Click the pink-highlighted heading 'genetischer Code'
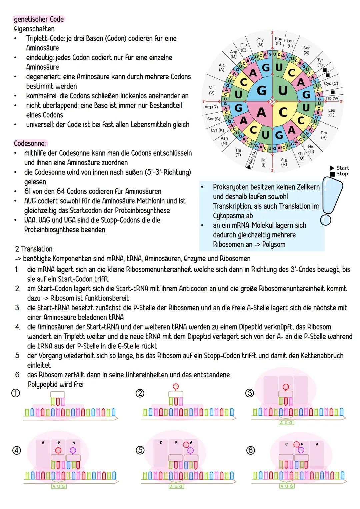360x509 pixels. point(39,19)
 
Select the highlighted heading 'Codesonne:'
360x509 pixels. point(30,143)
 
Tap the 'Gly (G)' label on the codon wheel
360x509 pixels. point(260,42)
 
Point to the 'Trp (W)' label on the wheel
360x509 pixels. point(332,98)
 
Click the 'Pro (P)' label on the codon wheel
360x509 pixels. point(324,135)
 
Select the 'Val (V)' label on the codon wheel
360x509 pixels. point(211,90)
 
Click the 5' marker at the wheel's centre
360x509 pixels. point(272,101)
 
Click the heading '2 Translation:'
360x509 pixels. point(34,249)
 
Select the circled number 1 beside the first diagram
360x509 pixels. point(16,393)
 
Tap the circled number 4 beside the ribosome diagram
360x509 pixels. point(17,451)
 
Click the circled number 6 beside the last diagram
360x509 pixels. point(250,451)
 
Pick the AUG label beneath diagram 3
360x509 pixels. point(286,422)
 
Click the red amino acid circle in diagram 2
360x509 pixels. point(176,386)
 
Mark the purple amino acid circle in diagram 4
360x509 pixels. point(73,450)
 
